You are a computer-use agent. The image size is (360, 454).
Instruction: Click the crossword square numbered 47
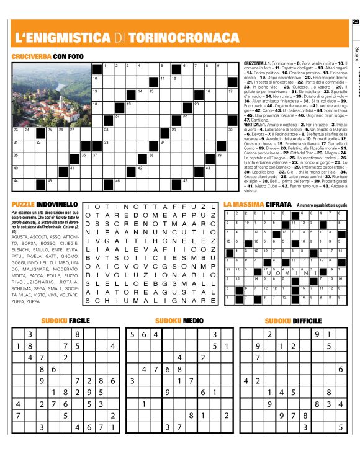187,182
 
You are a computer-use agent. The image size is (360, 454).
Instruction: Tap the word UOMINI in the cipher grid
280,272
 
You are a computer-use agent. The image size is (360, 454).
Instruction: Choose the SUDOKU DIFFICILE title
293,321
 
